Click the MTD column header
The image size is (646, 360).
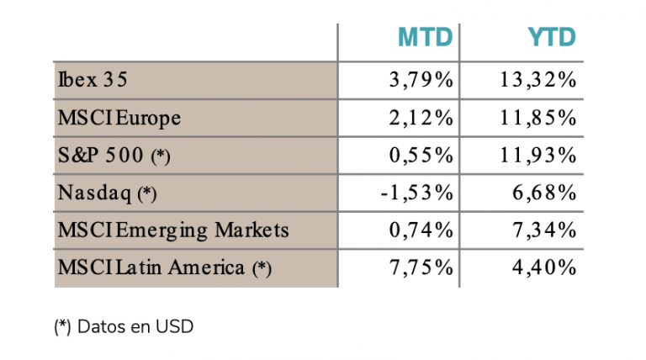point(425,37)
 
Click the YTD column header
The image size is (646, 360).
point(552,37)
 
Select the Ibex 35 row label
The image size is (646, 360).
point(93,79)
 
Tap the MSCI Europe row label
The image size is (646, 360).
point(119,118)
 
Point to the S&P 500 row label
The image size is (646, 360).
point(114,156)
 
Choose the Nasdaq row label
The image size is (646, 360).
point(107,193)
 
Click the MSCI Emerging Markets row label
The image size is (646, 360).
point(173,230)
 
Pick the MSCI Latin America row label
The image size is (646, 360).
point(165,267)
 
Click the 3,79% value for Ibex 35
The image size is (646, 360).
point(421,80)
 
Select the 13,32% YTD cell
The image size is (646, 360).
point(537,80)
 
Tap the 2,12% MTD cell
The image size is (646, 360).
point(421,118)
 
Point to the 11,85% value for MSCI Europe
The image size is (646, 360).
point(537,118)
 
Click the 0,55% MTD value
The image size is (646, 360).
point(421,156)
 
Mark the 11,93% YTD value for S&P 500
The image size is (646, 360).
point(537,156)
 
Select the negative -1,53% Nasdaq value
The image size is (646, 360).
point(417,193)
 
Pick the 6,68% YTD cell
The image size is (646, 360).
point(544,193)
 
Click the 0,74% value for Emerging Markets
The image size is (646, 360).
point(421,230)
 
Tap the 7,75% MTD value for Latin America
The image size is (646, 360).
point(421,267)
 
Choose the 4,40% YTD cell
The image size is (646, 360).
point(544,267)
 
